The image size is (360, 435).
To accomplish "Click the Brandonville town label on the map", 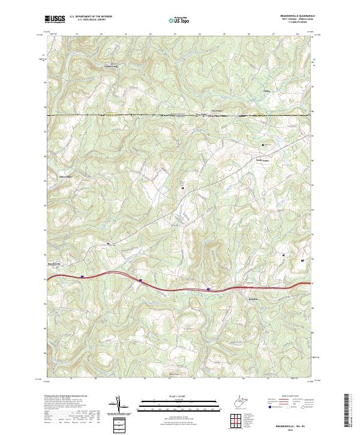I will (55, 264).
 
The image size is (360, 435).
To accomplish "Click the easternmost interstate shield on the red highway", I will (209, 289).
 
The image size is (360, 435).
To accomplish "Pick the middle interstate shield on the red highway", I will (140, 280).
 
